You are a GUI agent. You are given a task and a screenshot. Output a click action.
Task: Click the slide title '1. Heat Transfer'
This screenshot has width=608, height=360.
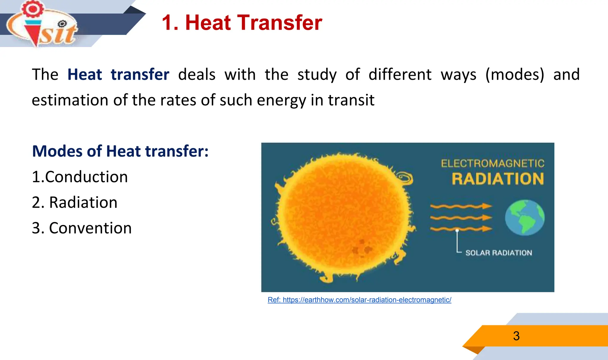point(242,23)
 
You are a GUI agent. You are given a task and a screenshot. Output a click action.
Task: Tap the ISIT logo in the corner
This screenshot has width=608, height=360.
point(42,24)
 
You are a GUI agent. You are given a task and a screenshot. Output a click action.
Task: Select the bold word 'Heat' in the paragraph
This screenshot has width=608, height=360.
point(85,74)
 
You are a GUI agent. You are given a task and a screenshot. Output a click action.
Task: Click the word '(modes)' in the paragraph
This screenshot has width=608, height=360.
point(515,75)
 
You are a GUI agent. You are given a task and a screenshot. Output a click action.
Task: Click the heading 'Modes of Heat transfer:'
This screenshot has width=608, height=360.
point(120,151)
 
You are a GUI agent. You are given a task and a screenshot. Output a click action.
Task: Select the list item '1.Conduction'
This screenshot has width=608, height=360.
point(80,177)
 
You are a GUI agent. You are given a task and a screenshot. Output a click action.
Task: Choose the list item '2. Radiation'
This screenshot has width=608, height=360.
point(75,202)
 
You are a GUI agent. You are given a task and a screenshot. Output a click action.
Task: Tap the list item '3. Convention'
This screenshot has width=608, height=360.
point(82,228)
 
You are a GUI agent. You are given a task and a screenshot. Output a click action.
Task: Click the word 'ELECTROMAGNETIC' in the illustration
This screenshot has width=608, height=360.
point(493,164)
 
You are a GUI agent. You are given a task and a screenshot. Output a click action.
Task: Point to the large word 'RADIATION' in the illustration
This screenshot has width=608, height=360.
point(498,179)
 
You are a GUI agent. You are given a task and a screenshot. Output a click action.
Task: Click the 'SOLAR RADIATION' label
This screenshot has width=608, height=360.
point(498,253)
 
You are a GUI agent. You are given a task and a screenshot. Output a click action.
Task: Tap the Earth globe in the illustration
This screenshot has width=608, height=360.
point(525,218)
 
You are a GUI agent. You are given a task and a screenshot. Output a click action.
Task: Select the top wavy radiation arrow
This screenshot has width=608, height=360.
point(461,206)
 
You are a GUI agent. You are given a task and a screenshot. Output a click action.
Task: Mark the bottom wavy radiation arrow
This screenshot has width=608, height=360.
point(461,229)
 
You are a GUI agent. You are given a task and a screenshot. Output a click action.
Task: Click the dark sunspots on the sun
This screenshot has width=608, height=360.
point(362,247)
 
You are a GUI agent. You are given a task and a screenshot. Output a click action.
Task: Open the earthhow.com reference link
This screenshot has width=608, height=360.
point(360,300)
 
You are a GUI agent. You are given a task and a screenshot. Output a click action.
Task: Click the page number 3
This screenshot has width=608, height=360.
point(516,336)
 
